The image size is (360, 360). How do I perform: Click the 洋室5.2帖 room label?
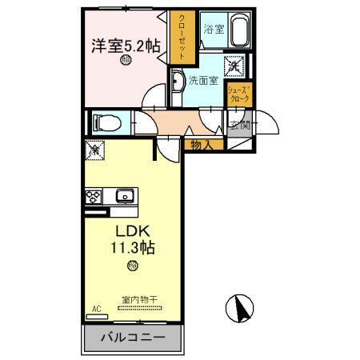coord(123,46)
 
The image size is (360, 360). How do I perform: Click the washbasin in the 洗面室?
coord(177,80)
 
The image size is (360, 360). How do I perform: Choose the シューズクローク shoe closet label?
coord(238,94)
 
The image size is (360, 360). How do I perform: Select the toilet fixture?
coord(105,122)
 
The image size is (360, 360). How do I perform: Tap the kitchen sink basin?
coord(124,196)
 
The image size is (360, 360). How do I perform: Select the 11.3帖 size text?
coord(133,248)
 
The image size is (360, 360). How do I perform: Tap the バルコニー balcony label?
coord(133,337)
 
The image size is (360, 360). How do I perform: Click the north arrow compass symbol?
coord(239,307)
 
